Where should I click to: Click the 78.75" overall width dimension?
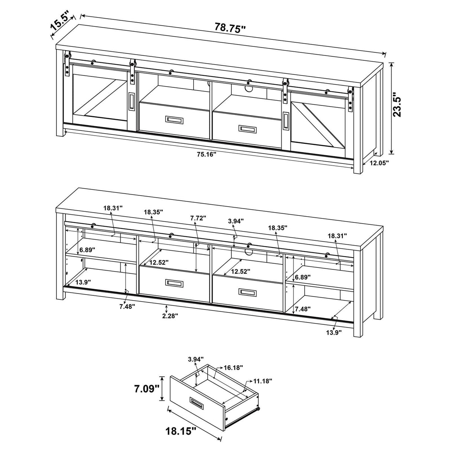click(230, 27)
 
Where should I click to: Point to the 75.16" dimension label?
click(207, 155)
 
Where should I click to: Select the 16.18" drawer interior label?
click(233, 367)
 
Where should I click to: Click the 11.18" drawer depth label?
click(263, 381)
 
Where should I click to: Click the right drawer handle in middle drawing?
click(247, 293)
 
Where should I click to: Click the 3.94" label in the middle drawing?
click(236, 221)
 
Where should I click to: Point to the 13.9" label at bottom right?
click(334, 332)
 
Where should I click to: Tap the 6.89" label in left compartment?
click(87, 250)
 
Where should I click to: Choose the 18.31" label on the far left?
click(113, 208)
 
